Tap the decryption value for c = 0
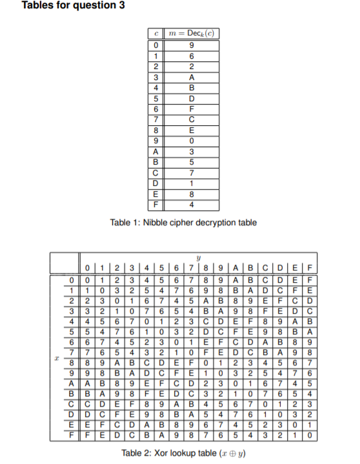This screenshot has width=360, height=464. pos(192,46)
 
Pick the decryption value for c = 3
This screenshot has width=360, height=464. pos(192,77)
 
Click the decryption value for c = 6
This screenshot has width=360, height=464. pos(192,110)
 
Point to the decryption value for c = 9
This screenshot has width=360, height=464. pos(192,142)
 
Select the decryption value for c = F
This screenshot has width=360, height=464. pos(192,206)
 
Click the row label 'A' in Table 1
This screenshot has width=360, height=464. pos(153,152)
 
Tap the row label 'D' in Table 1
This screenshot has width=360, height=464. pos(153,185)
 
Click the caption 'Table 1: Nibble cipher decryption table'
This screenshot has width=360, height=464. pos(183,223)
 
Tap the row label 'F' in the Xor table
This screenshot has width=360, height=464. pos(76,436)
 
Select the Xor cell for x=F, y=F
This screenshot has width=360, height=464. pos(310,436)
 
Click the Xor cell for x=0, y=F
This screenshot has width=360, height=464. pos(310,280)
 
